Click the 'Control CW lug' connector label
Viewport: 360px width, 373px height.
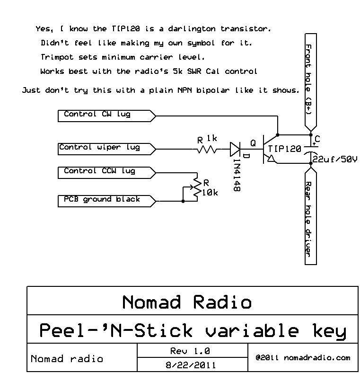(x=97, y=115)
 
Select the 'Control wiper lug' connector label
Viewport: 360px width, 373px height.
(x=99, y=148)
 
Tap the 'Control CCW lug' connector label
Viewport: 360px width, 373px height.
(x=99, y=171)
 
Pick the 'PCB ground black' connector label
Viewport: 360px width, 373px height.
(x=102, y=200)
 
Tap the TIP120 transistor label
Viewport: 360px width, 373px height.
(x=284, y=149)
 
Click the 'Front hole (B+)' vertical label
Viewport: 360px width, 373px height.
(x=308, y=80)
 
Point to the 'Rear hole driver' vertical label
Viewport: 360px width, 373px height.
(x=308, y=219)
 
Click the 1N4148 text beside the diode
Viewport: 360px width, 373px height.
(x=236, y=175)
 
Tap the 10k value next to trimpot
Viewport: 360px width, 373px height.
(x=210, y=193)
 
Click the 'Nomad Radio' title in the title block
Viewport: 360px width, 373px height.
(x=187, y=302)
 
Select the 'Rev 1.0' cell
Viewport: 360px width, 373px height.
(x=190, y=351)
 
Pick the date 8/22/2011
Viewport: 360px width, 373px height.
(x=191, y=365)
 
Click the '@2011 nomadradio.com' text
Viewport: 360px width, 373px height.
(x=303, y=358)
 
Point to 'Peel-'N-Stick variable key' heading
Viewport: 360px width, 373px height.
(x=192, y=330)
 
